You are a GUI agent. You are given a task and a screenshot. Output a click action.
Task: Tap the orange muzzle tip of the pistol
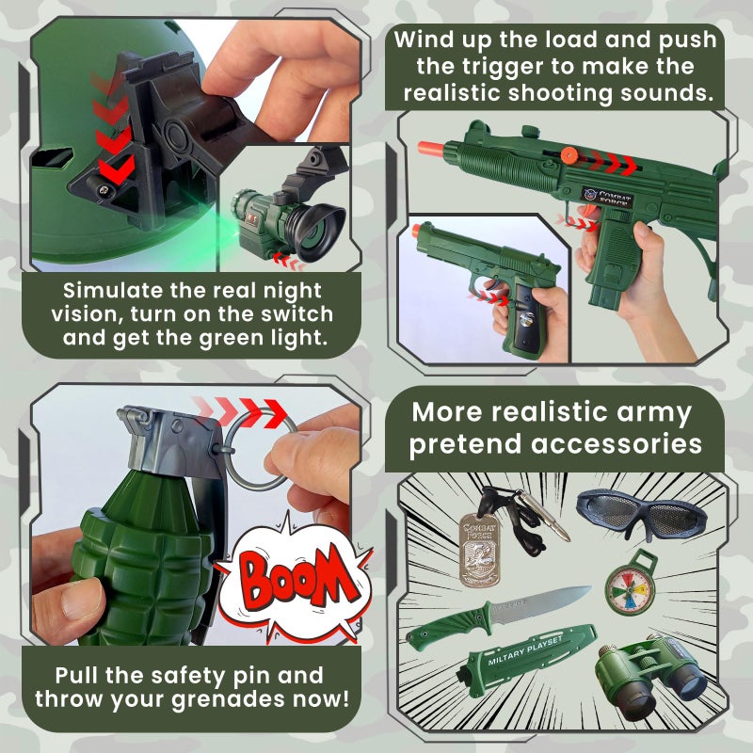pyautogui.click(x=416, y=230)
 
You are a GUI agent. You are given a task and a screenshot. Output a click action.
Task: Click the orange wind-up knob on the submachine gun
pyautogui.click(x=569, y=155)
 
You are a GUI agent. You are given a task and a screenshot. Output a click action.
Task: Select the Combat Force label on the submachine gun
pyautogui.click(x=607, y=197)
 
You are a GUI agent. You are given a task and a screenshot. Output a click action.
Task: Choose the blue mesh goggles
pyautogui.click(x=642, y=513)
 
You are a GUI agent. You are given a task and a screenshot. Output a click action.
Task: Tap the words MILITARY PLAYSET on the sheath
pyautogui.click(x=525, y=651)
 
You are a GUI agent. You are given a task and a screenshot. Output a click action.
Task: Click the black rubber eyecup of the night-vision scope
pyautogui.click(x=319, y=229)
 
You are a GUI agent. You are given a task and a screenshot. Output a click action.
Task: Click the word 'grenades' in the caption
pyautogui.click(x=228, y=699)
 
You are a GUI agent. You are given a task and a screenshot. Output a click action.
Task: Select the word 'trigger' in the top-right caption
pyautogui.click(x=504, y=66)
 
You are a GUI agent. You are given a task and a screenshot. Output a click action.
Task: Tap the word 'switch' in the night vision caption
pyautogui.click(x=296, y=313)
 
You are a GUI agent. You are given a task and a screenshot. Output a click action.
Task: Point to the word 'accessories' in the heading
pyautogui.click(x=617, y=443)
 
